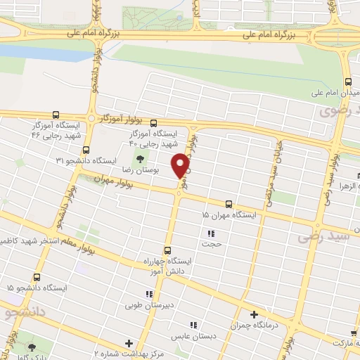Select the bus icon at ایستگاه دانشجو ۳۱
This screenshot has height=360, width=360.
(x=86, y=150)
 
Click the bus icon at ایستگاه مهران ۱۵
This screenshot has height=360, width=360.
(x=228, y=204)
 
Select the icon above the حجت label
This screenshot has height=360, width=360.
(x=210, y=233)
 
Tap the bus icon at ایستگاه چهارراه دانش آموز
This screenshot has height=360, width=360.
(x=167, y=250)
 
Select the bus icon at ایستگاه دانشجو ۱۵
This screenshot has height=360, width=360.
(x=37, y=278)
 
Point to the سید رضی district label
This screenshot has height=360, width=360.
(x=323, y=237)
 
